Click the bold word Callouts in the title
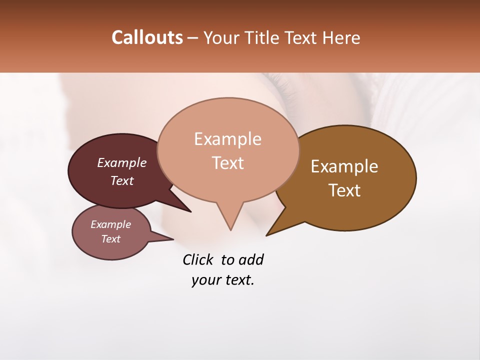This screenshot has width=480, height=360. pyautogui.click(x=147, y=37)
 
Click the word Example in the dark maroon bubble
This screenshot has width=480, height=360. pyautogui.click(x=122, y=162)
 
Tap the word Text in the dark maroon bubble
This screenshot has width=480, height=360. pyautogui.click(x=122, y=180)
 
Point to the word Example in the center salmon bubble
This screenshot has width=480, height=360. pyautogui.click(x=227, y=139)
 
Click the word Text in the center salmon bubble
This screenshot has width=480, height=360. pyautogui.click(x=227, y=162)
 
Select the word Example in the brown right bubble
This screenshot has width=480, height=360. pyautogui.click(x=344, y=166)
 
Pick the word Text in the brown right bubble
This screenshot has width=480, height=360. pyautogui.click(x=344, y=190)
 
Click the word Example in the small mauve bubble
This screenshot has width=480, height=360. pyautogui.click(x=111, y=224)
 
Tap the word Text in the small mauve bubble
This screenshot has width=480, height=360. pyautogui.click(x=111, y=239)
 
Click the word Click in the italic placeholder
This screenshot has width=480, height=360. pyautogui.click(x=198, y=259)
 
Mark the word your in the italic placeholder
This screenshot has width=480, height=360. pyautogui.click(x=203, y=280)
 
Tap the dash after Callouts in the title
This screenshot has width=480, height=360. pyautogui.click(x=193, y=37)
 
